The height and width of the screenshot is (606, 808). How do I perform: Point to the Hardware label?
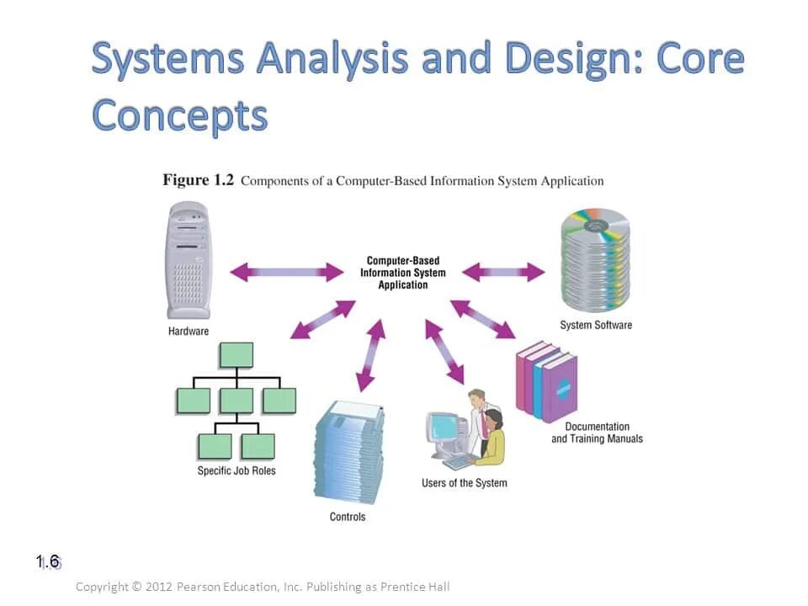189,331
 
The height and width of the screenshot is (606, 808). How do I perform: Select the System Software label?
596,325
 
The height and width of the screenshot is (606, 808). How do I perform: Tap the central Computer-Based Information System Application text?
403,273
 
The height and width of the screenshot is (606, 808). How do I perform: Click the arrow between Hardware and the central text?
287,272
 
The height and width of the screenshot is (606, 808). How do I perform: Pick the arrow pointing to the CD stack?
504,272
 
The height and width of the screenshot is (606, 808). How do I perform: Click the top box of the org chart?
236,355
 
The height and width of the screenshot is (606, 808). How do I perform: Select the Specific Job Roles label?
237,470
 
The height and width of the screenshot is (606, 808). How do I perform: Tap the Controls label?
348,517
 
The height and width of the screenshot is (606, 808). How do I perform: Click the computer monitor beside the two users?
443,429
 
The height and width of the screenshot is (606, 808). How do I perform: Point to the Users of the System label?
465,483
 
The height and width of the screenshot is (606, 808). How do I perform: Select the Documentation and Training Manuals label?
597,433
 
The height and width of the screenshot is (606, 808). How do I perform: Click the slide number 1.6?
48,561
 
